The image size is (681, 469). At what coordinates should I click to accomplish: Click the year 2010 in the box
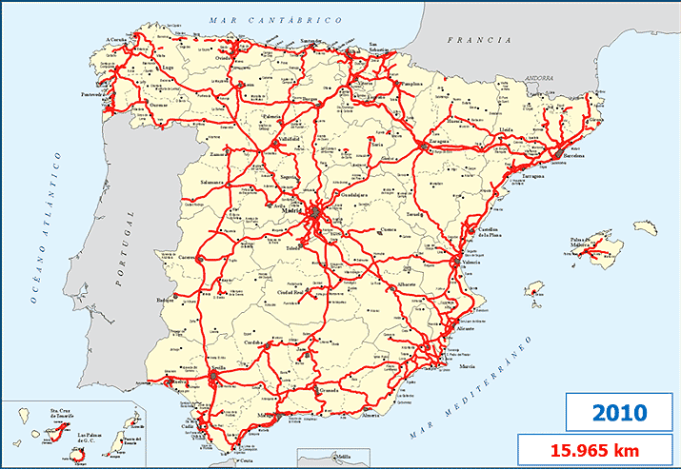(x=619, y=413)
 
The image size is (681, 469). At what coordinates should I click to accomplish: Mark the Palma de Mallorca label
(x=599, y=243)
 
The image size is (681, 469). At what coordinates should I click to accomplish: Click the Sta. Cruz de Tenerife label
(x=65, y=416)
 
